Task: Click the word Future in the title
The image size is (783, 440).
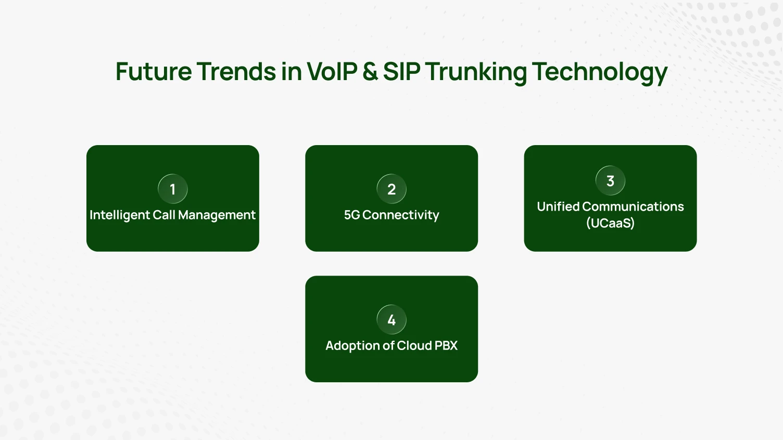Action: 153,72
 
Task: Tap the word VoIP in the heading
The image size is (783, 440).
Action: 332,72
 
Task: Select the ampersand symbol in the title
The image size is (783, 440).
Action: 370,72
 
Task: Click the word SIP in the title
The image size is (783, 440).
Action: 401,72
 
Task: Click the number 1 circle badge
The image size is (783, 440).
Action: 173,189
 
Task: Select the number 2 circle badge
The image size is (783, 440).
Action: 392,189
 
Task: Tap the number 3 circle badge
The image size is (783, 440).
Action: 610,181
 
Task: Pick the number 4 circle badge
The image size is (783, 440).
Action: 392,320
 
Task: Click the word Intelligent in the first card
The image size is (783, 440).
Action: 120,215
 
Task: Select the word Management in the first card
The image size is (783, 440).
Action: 217,215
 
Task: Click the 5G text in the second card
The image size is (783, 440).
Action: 352,215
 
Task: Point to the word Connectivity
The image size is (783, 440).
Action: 400,215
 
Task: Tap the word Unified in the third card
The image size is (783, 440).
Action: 558,207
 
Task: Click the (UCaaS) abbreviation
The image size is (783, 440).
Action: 610,224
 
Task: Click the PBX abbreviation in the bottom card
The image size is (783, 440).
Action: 446,346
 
